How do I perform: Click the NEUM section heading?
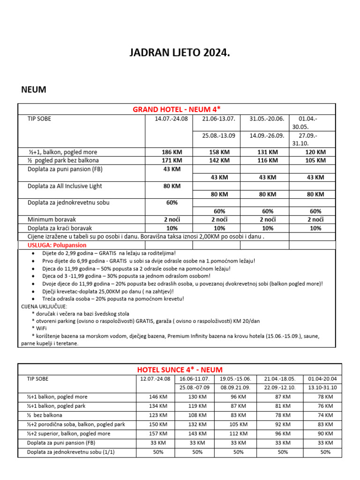pyautogui.click(x=34, y=89)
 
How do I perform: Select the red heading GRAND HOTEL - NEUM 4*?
pyautogui.click(x=177, y=109)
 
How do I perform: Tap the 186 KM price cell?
pyautogui.click(x=171, y=152)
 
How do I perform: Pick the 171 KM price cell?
pyautogui.click(x=171, y=160)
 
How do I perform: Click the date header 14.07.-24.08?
pyautogui.click(x=171, y=119)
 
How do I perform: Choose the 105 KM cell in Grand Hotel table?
pyautogui.click(x=315, y=160)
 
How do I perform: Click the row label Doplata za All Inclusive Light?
pyautogui.click(x=65, y=186)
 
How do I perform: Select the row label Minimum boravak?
pyautogui.click(x=52, y=219)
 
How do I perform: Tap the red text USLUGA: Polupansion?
pyautogui.click(x=54, y=245)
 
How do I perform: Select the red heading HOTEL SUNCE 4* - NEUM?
pyautogui.click(x=180, y=370)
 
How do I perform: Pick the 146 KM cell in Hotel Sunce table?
pyautogui.click(x=155, y=397)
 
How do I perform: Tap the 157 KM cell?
pyautogui.click(x=155, y=434)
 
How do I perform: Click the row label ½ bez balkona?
pyautogui.click(x=45, y=415)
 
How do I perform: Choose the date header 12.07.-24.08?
pyautogui.click(x=155, y=379)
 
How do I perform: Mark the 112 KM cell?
pyautogui.click(x=238, y=434)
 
